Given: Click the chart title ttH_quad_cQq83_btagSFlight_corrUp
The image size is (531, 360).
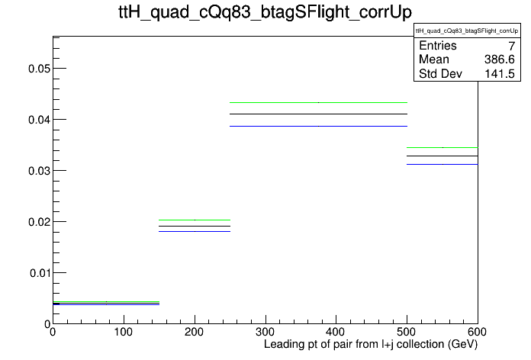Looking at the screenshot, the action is click(265, 12).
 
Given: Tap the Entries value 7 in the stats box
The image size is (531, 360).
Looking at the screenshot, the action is click(511, 46).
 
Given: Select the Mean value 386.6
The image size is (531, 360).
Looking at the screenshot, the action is click(500, 59).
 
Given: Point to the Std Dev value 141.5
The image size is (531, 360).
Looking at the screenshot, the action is click(500, 73).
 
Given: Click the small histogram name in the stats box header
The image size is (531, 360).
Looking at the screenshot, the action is click(467, 31).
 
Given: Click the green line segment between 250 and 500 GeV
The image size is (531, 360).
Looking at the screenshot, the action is click(318, 102).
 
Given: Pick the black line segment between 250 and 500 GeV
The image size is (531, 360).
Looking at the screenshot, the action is click(318, 114).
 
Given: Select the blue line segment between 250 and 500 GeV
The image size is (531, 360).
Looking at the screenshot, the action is click(318, 127).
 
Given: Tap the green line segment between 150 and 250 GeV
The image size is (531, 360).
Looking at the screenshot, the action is click(195, 220).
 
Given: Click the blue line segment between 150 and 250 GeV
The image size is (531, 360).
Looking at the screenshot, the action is click(195, 232).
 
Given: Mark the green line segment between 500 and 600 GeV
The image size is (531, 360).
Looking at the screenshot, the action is click(443, 148).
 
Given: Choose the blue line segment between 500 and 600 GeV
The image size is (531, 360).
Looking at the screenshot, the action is click(443, 165).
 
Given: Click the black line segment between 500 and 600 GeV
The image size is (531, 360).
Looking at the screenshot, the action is click(443, 156).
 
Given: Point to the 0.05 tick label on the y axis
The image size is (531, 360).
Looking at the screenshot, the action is click(39, 69).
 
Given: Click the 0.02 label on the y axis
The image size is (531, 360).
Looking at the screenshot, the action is click(39, 222).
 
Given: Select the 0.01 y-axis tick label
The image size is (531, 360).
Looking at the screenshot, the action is click(40, 273).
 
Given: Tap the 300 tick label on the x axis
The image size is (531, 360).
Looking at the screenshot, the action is click(265, 332).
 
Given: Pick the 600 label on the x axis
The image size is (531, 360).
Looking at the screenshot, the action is click(477, 332).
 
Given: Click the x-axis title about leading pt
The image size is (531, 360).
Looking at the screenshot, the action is click(371, 345).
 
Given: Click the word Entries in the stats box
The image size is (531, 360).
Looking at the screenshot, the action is click(438, 46).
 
